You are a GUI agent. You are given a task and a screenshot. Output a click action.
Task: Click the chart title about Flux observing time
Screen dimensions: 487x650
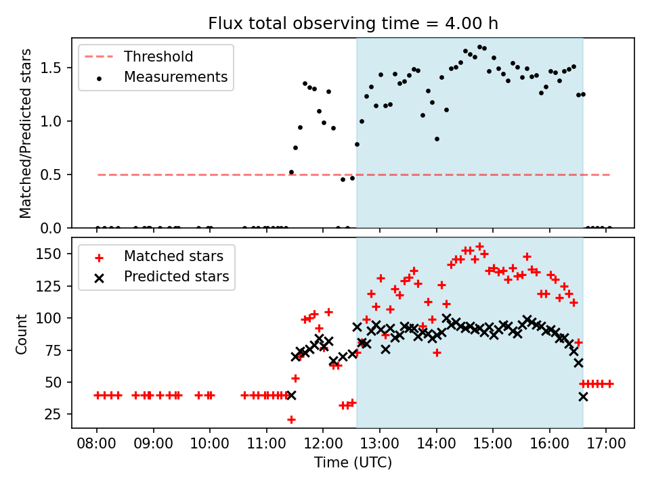(x=353, y=24)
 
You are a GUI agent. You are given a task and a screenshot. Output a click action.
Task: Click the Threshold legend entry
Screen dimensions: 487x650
(x=158, y=57)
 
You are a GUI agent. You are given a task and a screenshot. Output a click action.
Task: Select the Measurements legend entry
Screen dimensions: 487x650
(x=175, y=77)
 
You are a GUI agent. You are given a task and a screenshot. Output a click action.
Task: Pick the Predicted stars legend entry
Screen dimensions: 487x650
(x=176, y=277)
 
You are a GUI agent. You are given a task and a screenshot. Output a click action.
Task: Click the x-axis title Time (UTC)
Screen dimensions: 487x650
(x=353, y=463)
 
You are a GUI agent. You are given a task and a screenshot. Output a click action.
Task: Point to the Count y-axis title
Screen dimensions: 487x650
(x=22, y=333)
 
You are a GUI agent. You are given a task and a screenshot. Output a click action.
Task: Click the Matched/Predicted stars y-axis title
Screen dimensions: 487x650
(x=26, y=133)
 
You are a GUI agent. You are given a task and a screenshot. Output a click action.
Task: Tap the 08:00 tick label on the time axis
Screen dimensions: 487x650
(x=96, y=446)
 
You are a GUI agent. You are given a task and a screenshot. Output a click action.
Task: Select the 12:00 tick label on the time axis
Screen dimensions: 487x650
(x=323, y=446)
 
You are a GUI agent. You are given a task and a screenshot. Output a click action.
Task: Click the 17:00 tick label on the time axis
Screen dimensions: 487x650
(x=606, y=446)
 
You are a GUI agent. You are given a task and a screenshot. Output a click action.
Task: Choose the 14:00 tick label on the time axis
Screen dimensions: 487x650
(x=436, y=446)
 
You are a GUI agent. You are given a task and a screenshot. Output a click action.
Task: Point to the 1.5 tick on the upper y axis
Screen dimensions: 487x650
(x=57, y=68)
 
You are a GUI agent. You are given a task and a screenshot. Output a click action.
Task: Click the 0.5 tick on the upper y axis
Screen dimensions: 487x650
(x=57, y=175)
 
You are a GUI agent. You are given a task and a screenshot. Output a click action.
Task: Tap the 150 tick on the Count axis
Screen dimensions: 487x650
(x=54, y=254)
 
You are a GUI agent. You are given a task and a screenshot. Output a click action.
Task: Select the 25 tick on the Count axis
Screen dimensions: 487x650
(x=58, y=414)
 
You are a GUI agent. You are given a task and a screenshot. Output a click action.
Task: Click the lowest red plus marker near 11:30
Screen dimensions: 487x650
(x=291, y=419)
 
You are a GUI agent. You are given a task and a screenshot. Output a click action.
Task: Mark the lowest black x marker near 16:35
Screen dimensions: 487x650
(x=583, y=396)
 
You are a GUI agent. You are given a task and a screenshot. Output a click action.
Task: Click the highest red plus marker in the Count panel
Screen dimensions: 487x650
(x=480, y=247)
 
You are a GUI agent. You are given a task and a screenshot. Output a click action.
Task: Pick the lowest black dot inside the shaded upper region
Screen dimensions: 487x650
(x=357, y=144)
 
